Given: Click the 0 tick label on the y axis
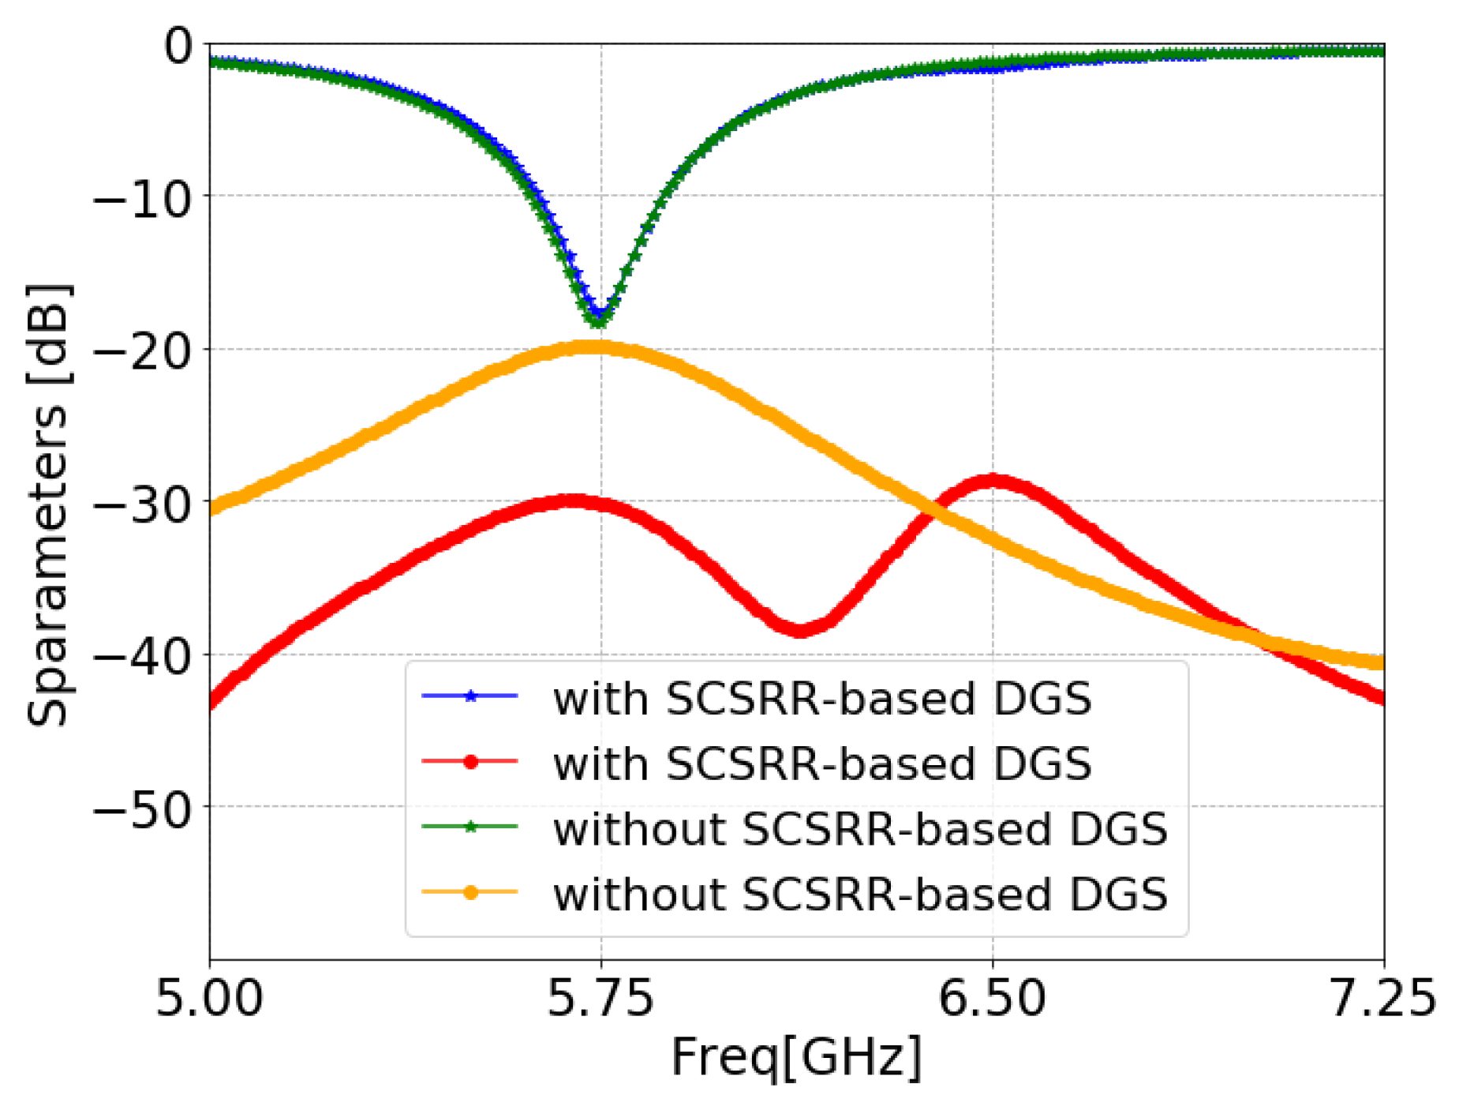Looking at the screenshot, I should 178,46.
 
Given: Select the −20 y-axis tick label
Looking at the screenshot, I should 142,351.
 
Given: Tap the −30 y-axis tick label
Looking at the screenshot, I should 142,503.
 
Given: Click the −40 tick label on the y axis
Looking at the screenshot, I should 142,655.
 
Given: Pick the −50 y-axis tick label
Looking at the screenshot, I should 142,808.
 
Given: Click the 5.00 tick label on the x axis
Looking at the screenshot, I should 209,998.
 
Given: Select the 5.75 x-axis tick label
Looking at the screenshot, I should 600,998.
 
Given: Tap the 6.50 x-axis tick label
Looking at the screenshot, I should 992,998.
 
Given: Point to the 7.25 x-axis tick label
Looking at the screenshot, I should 1382,998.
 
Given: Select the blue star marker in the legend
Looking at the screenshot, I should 470,696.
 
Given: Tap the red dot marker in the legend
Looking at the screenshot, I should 470,761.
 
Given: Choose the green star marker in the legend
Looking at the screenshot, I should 470,827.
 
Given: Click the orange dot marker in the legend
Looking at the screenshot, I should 470,892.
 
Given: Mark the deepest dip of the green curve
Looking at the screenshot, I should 599,321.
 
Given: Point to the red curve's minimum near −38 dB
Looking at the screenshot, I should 800,629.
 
